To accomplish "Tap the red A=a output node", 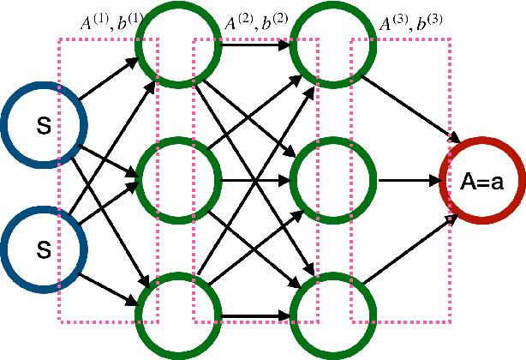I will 481,180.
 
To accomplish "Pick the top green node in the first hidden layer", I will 170,47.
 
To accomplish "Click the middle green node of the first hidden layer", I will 170,180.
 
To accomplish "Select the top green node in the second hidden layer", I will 326,47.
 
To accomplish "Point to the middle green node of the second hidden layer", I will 326,180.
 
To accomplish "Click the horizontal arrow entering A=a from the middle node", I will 407,180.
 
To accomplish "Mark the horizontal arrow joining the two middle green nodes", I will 248,180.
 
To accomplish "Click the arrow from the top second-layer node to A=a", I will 407,107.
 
